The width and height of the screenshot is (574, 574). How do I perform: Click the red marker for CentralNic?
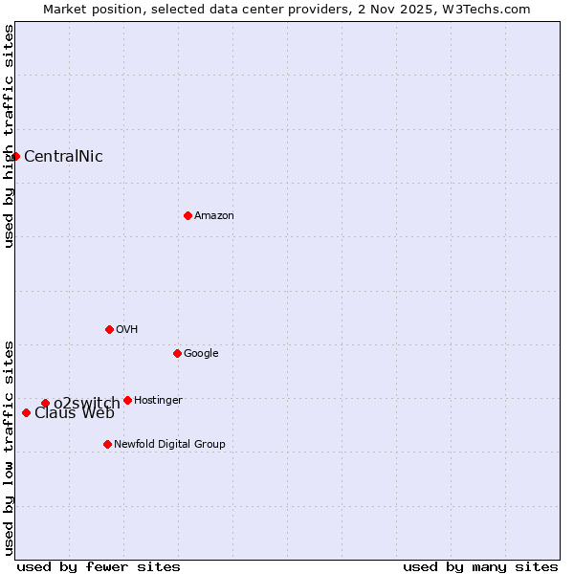pyautogui.click(x=15, y=156)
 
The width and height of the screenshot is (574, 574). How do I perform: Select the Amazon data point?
pyautogui.click(x=188, y=215)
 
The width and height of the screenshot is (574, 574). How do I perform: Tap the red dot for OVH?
pyautogui.click(x=109, y=329)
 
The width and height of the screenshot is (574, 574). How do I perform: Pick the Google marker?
pyautogui.click(x=177, y=353)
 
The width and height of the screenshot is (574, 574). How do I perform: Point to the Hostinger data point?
pyautogui.click(x=127, y=400)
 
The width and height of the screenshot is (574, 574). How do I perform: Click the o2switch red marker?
pyautogui.click(x=45, y=403)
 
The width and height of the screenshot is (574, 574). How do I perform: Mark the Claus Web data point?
pyautogui.click(x=26, y=412)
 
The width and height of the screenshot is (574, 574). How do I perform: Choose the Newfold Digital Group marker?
pyautogui.click(x=107, y=444)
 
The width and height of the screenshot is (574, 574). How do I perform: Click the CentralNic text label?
pyautogui.click(x=63, y=157)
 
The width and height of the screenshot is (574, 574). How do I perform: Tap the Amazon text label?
pyautogui.click(x=214, y=216)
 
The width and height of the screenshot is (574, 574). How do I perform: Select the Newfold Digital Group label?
pyautogui.click(x=169, y=445)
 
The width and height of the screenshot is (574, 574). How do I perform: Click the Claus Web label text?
pyautogui.click(x=75, y=413)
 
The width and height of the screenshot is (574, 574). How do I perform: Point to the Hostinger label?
pyautogui.click(x=158, y=400)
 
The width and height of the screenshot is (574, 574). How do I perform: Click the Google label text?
pyautogui.click(x=201, y=354)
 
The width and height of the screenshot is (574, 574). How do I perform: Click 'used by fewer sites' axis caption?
pyautogui.click(x=99, y=566)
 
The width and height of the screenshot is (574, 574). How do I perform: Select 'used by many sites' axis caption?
pyautogui.click(x=480, y=566)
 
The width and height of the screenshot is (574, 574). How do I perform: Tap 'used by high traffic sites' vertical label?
pyautogui.click(x=9, y=136)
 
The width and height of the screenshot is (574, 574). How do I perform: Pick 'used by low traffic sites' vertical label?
pyautogui.click(x=9, y=447)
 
